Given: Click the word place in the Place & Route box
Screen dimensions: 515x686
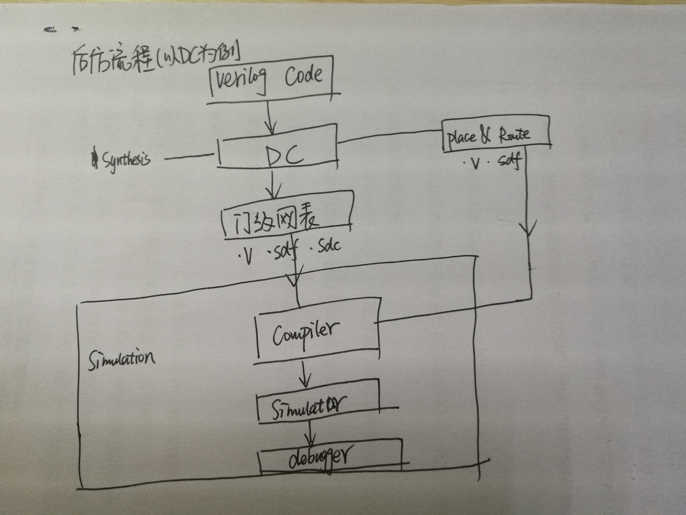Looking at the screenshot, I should (x=461, y=138).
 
